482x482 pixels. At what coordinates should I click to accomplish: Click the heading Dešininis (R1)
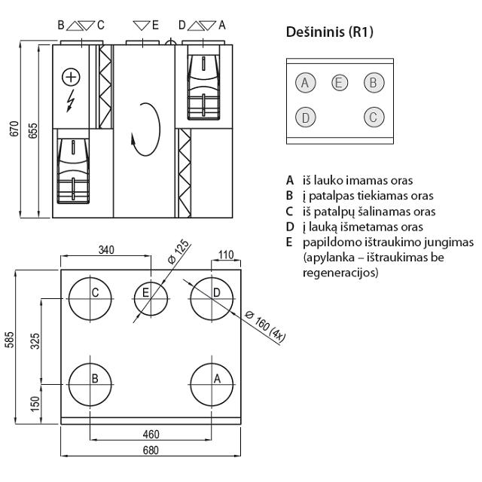(330, 33)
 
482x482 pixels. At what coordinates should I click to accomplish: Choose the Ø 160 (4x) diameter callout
(266, 325)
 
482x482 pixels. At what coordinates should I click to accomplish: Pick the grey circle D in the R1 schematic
(304, 117)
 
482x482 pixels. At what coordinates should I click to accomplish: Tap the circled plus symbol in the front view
(71, 76)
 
